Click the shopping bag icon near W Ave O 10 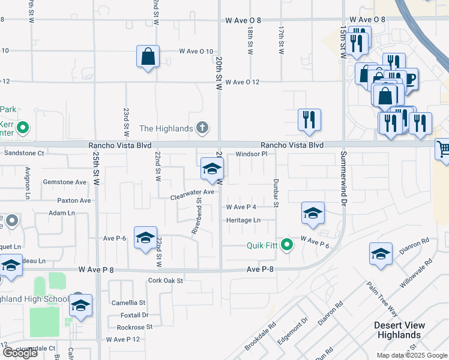[x=148, y=58]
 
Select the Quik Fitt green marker [x=288, y=245]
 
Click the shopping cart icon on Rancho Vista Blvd [x=443, y=148]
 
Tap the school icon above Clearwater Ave [x=211, y=170]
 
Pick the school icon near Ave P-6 [x=145, y=238]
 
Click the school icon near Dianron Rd [x=381, y=254]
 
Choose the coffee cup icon [x=410, y=80]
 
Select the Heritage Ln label [x=243, y=220]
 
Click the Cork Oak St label [x=165, y=280]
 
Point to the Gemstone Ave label [x=64, y=182]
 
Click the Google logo [x=20, y=352]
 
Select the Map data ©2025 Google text [x=411, y=355]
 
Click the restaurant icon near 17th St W [x=309, y=119]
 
